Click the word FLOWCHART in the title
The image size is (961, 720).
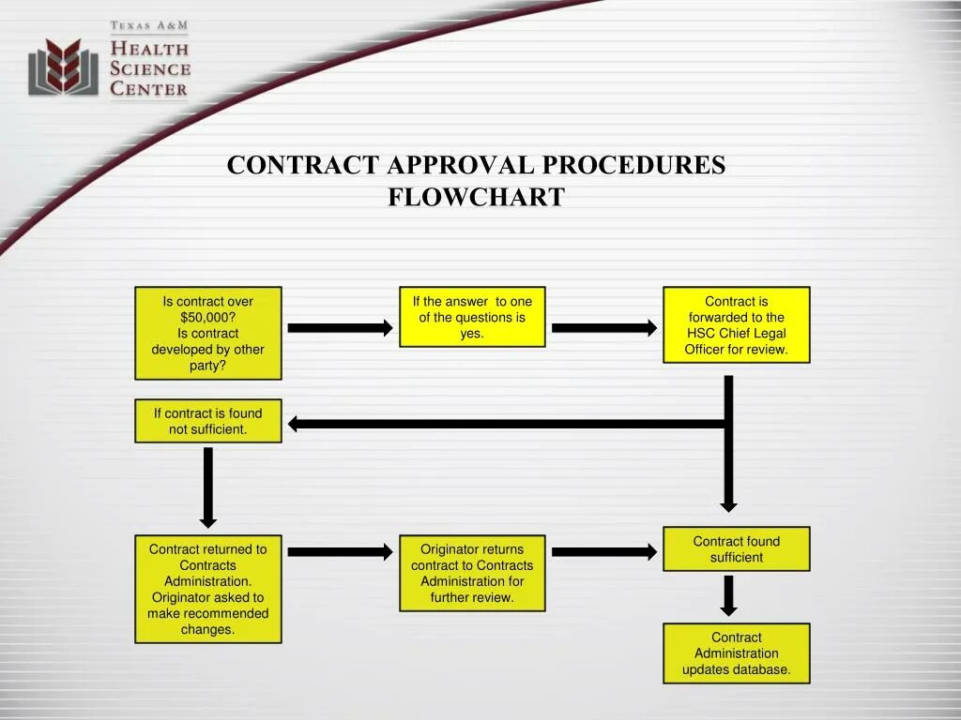pyautogui.click(x=476, y=197)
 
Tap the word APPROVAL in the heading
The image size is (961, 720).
pyautogui.click(x=460, y=165)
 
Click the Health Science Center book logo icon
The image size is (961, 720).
pyautogui.click(x=63, y=67)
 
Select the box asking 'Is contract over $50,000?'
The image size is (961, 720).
pyautogui.click(x=207, y=333)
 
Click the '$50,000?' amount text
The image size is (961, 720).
pyautogui.click(x=207, y=317)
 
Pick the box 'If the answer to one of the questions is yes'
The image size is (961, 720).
pyautogui.click(x=472, y=317)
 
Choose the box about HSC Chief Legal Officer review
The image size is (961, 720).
pyautogui.click(x=736, y=325)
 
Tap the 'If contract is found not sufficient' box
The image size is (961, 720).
pyautogui.click(x=207, y=421)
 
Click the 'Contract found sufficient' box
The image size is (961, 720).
pyautogui.click(x=736, y=548)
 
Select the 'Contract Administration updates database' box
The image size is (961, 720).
pyautogui.click(x=736, y=652)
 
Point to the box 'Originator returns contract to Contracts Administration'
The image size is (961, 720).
pyautogui.click(x=472, y=573)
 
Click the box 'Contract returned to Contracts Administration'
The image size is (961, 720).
pyautogui.click(x=207, y=589)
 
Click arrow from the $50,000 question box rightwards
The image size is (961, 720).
pyautogui.click(x=339, y=328)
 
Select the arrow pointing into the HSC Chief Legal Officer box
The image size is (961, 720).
pyautogui.click(x=603, y=328)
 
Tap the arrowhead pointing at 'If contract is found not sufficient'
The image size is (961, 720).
pyautogui.click(x=295, y=424)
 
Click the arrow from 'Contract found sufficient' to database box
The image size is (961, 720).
pyautogui.click(x=728, y=596)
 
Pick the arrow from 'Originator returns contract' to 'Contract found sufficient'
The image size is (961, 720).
pyautogui.click(x=603, y=552)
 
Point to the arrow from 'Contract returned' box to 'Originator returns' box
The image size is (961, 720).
pyautogui.click(x=339, y=552)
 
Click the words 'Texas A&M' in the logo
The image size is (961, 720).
pyautogui.click(x=149, y=26)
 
